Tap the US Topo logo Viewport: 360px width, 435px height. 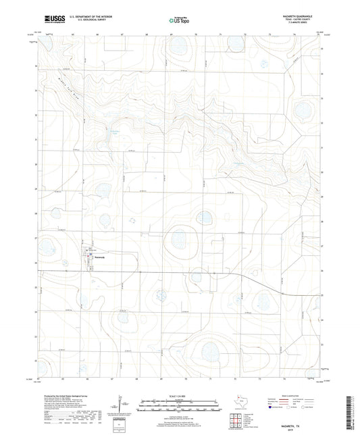pos(178,21)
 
